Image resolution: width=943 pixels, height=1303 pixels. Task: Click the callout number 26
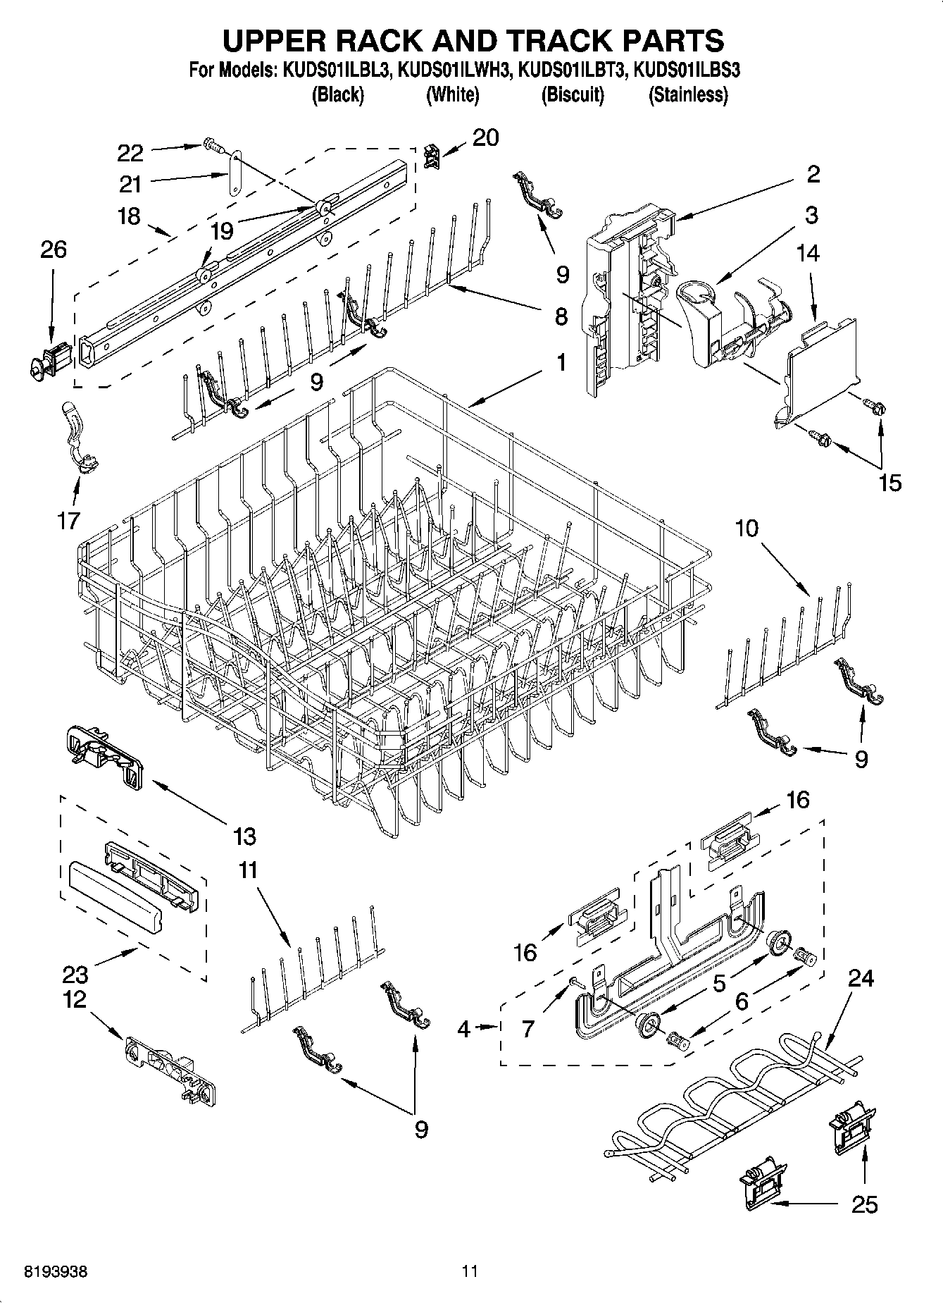[54, 249]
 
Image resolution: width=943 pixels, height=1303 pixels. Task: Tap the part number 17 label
[70, 521]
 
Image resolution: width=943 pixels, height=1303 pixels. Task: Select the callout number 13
[244, 836]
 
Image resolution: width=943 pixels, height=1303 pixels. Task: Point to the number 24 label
[861, 978]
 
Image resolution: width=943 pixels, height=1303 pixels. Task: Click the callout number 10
[747, 528]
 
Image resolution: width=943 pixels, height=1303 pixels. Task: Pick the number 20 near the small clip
[485, 137]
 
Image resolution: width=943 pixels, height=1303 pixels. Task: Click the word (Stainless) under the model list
[688, 94]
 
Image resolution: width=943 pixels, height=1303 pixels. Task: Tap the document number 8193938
[56, 1272]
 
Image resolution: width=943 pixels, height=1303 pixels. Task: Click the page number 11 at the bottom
[470, 1272]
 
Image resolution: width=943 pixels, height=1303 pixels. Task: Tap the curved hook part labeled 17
[80, 437]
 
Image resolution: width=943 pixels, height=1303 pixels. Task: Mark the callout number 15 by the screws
[890, 483]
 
